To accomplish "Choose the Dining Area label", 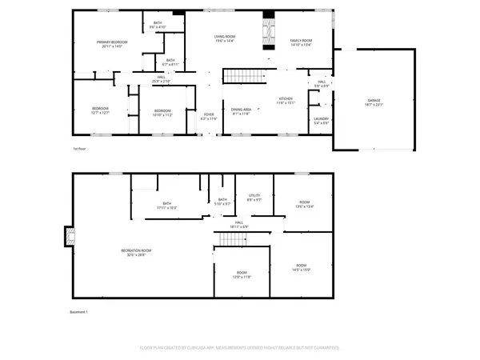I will click(x=241, y=110).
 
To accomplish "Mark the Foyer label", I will click(x=208, y=117).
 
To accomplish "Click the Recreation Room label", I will click(x=136, y=252).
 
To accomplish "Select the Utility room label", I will click(x=254, y=197).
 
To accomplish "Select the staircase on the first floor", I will click(x=236, y=76).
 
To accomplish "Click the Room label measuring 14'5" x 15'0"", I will click(x=301, y=266).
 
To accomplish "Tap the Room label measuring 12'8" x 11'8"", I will click(x=242, y=275).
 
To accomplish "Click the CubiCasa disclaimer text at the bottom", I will click(x=239, y=348).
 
